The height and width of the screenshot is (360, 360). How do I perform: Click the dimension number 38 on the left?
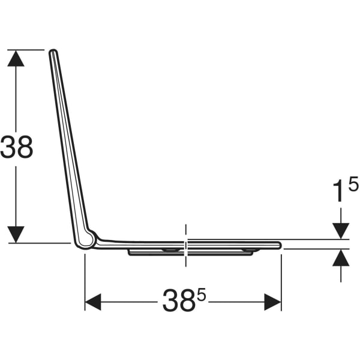point(17,147)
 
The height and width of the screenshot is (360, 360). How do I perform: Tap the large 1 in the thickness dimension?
point(340,191)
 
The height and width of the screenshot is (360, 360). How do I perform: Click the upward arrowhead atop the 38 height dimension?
point(16,58)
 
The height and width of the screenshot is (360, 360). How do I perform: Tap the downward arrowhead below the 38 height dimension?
point(16,235)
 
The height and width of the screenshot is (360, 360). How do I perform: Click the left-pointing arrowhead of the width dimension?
point(93,302)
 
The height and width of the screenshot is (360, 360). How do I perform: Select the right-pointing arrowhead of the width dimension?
point(273,302)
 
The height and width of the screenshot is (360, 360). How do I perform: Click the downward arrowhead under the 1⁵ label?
point(341,231)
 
